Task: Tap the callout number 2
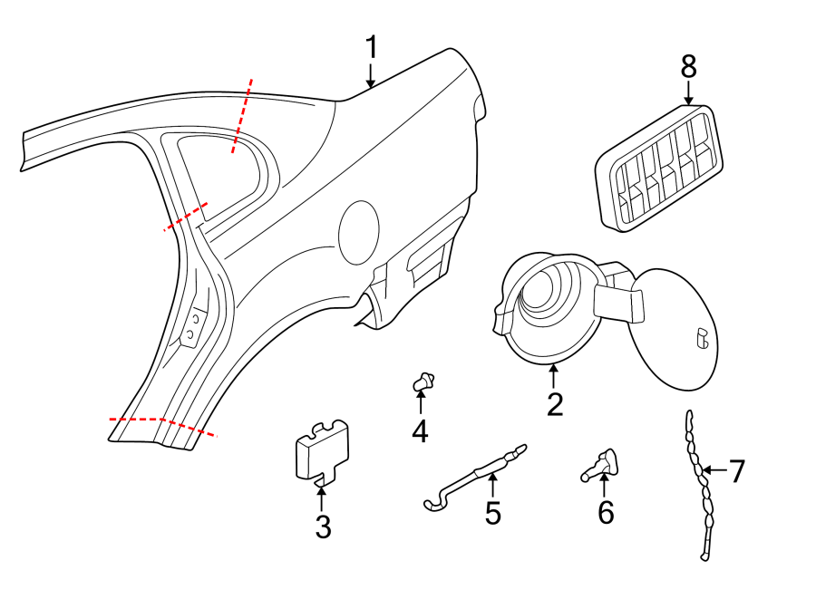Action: coord(554,404)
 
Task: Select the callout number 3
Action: coord(324,527)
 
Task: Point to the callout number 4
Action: coord(420,431)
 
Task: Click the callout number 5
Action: coord(492,513)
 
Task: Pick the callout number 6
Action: coord(606,513)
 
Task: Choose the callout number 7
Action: coord(737,470)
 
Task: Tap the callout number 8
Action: coord(688,66)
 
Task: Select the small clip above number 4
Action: coord(422,382)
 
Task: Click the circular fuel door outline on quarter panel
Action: coord(358,233)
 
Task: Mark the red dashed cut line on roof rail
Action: coord(241,115)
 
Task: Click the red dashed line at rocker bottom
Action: coord(162,424)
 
